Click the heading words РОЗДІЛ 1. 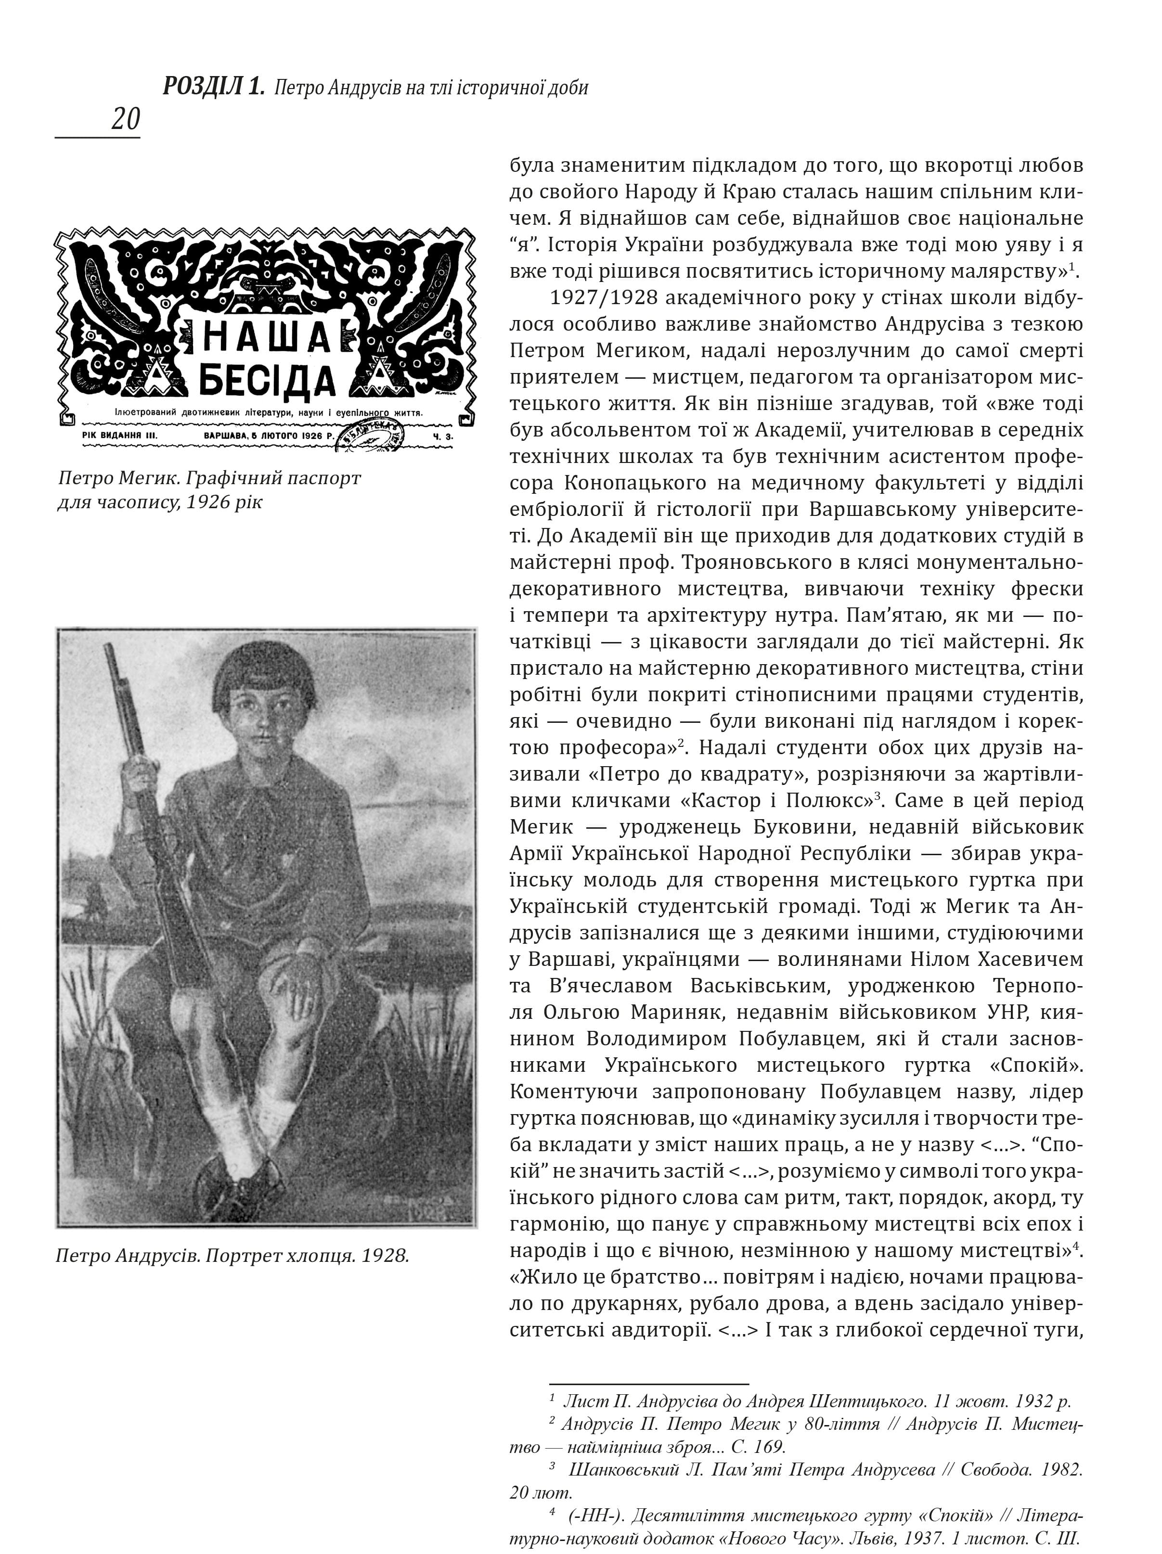214,87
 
